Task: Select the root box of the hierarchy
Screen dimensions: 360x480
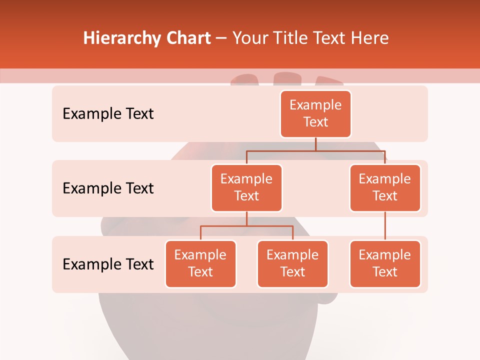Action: tap(315, 113)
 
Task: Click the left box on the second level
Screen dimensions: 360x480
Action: tap(246, 187)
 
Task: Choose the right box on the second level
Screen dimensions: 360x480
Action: tap(385, 187)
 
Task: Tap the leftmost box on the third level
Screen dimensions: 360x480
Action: tap(200, 263)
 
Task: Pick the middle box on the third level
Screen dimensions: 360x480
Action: tap(292, 263)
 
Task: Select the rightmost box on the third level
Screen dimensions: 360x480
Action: tap(385, 263)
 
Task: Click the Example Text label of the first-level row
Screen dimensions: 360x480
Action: tap(108, 113)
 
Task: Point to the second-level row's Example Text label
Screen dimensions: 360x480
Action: tap(108, 188)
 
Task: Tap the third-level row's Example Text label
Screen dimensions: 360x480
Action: tap(108, 264)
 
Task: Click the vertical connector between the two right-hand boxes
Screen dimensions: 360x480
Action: tap(385, 226)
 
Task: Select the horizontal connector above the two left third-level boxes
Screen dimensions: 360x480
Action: tap(246, 226)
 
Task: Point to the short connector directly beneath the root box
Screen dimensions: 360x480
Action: tap(315, 144)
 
